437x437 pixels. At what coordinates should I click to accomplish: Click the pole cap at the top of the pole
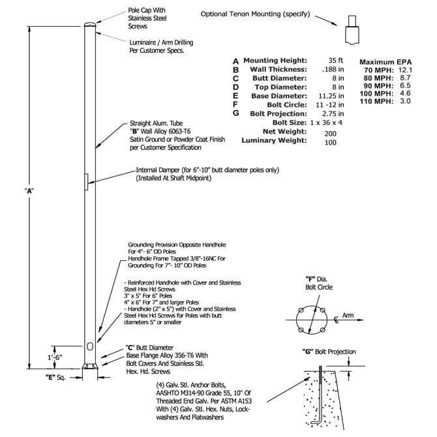(x=90, y=25)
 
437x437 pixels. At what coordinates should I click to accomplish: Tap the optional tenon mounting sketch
(x=352, y=30)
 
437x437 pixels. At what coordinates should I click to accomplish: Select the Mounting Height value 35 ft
(x=335, y=60)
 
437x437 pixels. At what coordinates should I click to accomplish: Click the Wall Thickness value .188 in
(x=333, y=69)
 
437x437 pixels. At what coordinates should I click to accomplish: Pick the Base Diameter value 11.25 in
(x=331, y=96)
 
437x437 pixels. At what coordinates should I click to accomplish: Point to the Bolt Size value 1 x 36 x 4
(x=326, y=123)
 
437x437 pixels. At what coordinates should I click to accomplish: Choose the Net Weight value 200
(x=330, y=134)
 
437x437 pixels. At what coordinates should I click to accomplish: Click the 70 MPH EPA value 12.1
(x=405, y=70)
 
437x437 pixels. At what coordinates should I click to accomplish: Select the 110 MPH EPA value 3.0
(x=405, y=101)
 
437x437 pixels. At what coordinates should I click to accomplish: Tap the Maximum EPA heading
(x=385, y=62)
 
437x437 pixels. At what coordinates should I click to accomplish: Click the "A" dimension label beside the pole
(x=29, y=191)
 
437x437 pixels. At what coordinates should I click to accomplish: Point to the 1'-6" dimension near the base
(x=55, y=357)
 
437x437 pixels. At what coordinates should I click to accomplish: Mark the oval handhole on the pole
(x=90, y=347)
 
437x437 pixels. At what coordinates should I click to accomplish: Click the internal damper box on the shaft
(x=86, y=182)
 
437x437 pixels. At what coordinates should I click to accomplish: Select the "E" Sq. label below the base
(x=55, y=378)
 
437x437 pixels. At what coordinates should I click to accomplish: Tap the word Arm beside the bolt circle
(x=348, y=315)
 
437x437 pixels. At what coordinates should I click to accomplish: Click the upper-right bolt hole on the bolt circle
(x=322, y=310)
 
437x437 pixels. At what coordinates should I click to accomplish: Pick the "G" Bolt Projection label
(x=329, y=352)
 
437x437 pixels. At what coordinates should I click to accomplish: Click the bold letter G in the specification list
(x=235, y=113)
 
